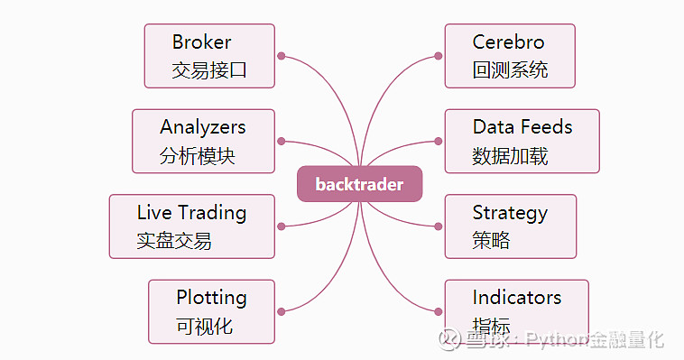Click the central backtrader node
pyautogui.click(x=359, y=184)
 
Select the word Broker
pyautogui.click(x=201, y=42)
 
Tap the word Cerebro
pyautogui.click(x=508, y=42)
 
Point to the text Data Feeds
pyautogui.click(x=522, y=126)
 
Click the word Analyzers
pyautogui.click(x=202, y=127)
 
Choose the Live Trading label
pyautogui.click(x=191, y=213)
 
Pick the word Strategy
pyautogui.click(x=510, y=213)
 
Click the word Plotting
pyautogui.click(x=211, y=297)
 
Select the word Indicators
pyautogui.click(x=516, y=297)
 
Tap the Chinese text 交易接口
pyautogui.click(x=209, y=70)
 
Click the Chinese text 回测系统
pyautogui.click(x=510, y=70)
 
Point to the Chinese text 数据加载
pyautogui.click(x=510, y=156)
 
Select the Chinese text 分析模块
pyautogui.click(x=197, y=156)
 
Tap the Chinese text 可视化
pyautogui.click(x=204, y=326)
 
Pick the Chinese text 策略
pyautogui.click(x=491, y=241)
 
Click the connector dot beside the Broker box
pyautogui.click(x=282, y=56)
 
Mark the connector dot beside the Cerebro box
pyautogui.click(x=438, y=56)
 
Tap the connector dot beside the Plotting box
pyautogui.click(x=282, y=311)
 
